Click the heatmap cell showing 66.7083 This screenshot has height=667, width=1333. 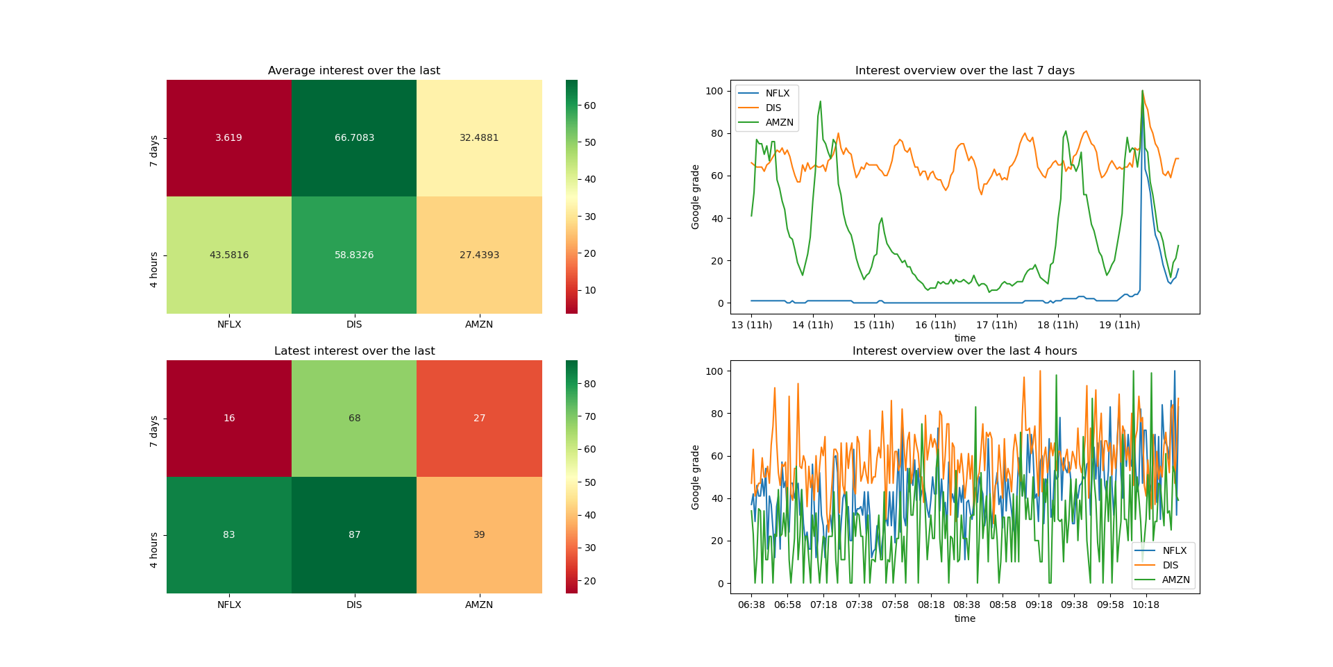(354, 138)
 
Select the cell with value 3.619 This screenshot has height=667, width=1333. (228, 138)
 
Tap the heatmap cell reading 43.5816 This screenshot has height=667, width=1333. (228, 255)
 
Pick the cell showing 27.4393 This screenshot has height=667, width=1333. (479, 255)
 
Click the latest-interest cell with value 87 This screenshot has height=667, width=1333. (354, 534)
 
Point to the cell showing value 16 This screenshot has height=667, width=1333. (228, 418)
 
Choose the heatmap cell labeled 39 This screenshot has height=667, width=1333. (479, 534)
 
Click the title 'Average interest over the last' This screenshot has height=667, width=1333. (354, 71)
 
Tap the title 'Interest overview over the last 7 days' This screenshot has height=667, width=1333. (964, 71)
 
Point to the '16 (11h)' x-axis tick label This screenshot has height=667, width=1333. (935, 325)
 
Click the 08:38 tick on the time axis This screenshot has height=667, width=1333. (966, 605)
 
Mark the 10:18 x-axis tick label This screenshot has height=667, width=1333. (1146, 605)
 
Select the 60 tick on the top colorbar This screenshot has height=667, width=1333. (589, 105)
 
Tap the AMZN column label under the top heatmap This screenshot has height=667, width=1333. (479, 324)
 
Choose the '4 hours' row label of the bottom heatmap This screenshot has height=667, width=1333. (154, 550)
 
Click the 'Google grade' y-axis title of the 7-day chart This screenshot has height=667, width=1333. (696, 197)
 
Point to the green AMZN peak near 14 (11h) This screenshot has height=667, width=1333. (820, 102)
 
